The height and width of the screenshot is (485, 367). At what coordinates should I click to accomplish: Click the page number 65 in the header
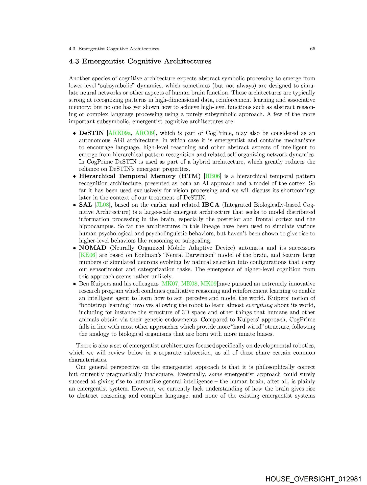pos(312,49)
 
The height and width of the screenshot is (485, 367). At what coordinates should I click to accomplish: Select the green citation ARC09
pos(145,133)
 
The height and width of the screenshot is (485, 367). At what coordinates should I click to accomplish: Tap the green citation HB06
pos(212,176)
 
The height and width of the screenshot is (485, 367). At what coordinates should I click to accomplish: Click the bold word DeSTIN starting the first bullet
pos(91,133)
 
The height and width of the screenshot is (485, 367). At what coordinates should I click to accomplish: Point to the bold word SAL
pos(85,205)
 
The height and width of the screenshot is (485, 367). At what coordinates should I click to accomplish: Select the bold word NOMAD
pos(93,248)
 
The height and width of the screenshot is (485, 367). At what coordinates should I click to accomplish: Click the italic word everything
pos(259,305)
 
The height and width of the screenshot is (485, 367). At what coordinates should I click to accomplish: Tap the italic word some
pos(215,374)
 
